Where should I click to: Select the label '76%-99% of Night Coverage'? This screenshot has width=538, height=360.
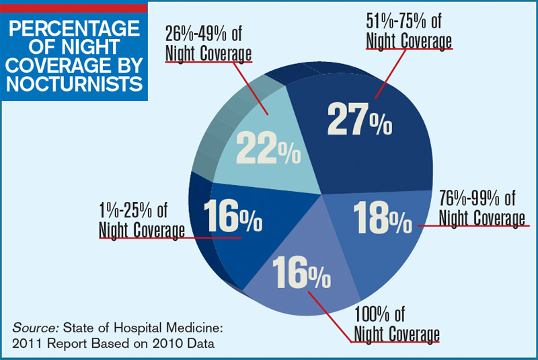[481, 209]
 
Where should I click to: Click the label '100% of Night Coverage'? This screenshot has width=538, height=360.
[396, 325]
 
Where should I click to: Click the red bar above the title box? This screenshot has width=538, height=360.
[73, 7]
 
